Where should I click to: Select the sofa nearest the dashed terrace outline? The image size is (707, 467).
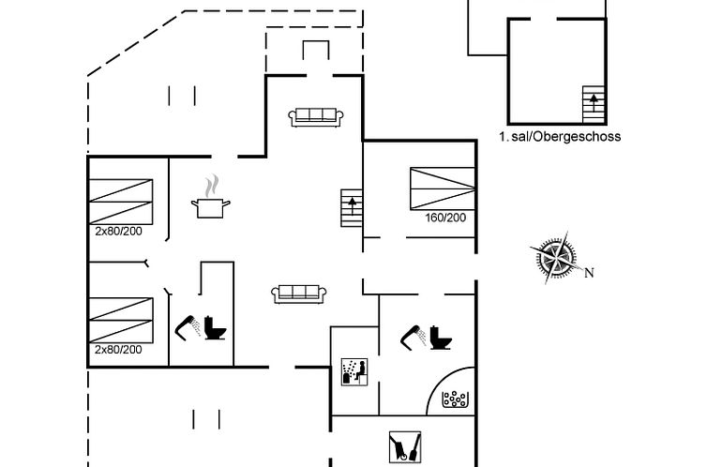[x=316, y=116]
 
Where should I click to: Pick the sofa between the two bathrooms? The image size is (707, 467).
[x=299, y=294]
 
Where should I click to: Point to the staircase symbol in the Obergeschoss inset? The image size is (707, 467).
[x=593, y=103]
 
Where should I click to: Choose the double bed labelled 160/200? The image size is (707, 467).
[x=442, y=188]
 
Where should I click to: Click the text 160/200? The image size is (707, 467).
[x=445, y=218]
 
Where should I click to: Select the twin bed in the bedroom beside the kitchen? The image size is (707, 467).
[x=120, y=201]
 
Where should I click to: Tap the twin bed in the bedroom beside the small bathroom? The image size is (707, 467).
[x=120, y=320]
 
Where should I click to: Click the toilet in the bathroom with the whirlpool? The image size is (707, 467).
[x=440, y=339]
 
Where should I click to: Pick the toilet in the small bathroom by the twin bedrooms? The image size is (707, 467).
[x=217, y=329]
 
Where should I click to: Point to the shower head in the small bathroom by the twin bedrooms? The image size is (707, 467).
[x=188, y=327]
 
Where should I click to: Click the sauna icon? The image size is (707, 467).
[x=354, y=371]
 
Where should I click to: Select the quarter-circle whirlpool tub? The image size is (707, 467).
[x=453, y=397]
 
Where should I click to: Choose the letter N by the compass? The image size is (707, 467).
[x=590, y=273]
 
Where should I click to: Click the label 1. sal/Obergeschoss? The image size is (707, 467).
[x=559, y=137]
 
